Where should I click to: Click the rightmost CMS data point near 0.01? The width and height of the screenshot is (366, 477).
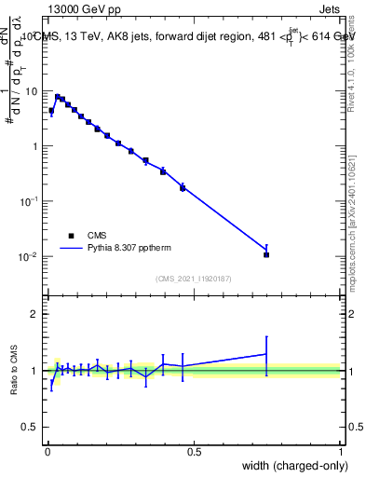pyautogui.click(x=266, y=254)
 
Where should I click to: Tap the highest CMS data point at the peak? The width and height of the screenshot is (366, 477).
pyautogui.click(x=58, y=96)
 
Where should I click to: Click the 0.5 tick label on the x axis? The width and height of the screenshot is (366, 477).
pyautogui.click(x=194, y=452)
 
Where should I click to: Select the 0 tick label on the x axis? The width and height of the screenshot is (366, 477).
pyautogui.click(x=47, y=452)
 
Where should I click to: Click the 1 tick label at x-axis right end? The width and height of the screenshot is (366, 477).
pyautogui.click(x=340, y=452)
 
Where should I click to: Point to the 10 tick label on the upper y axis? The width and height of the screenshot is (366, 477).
pyautogui.click(x=33, y=91)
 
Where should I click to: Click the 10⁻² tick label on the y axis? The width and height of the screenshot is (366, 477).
pyautogui.click(x=31, y=256)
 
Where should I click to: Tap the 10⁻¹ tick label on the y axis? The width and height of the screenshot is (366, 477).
pyautogui.click(x=31, y=201)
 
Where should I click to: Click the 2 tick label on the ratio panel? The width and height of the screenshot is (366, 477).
pyautogui.click(x=36, y=314)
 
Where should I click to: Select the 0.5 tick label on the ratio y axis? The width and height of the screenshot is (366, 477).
pyautogui.click(x=32, y=428)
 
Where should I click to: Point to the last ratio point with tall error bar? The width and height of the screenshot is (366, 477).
pyautogui.click(x=266, y=354)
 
